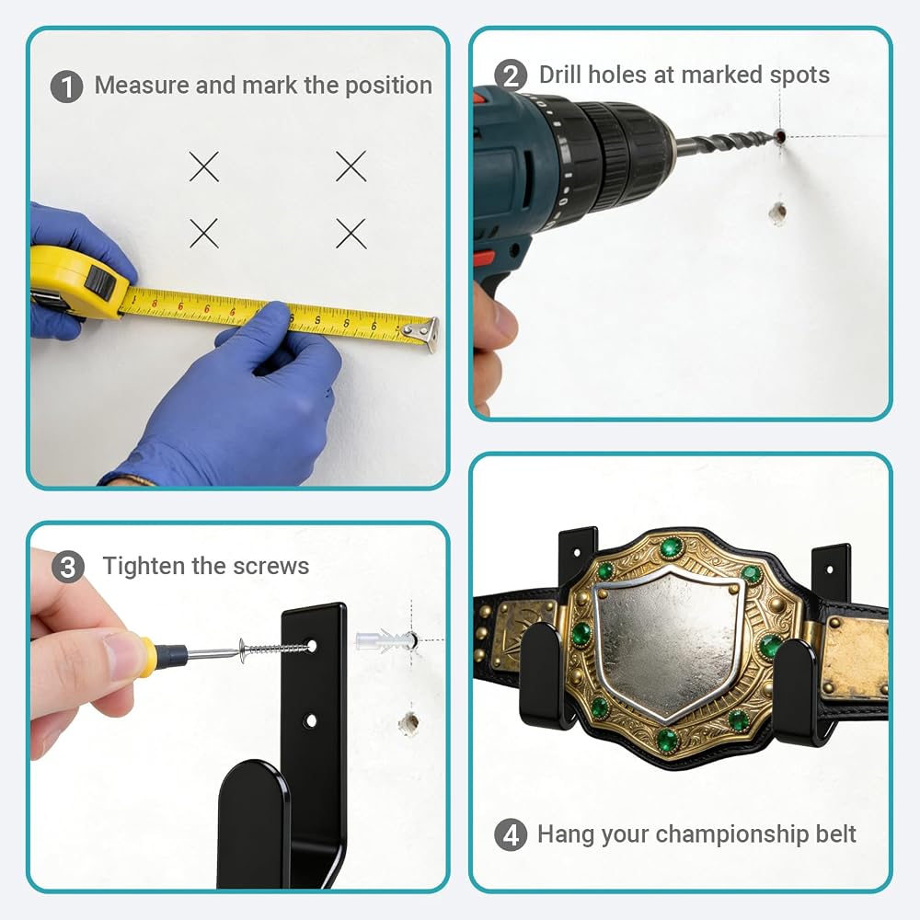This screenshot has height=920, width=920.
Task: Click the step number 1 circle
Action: [x=66, y=86]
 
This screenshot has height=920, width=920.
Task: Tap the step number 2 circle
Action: [x=511, y=75]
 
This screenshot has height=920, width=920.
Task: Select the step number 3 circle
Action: [x=68, y=567]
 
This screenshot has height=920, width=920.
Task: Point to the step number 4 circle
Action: [x=511, y=834]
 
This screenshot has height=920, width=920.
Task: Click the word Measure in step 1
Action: [x=142, y=85]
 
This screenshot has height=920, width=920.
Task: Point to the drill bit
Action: [x=727, y=143]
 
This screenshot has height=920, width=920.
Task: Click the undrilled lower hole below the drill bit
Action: [x=777, y=214]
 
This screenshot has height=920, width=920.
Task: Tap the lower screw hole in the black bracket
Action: [x=311, y=720]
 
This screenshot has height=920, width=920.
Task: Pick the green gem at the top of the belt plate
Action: [x=672, y=548]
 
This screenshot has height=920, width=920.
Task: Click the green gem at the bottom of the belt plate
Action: [x=667, y=741]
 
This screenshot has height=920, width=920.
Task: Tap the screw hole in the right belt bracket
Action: [x=830, y=569]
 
